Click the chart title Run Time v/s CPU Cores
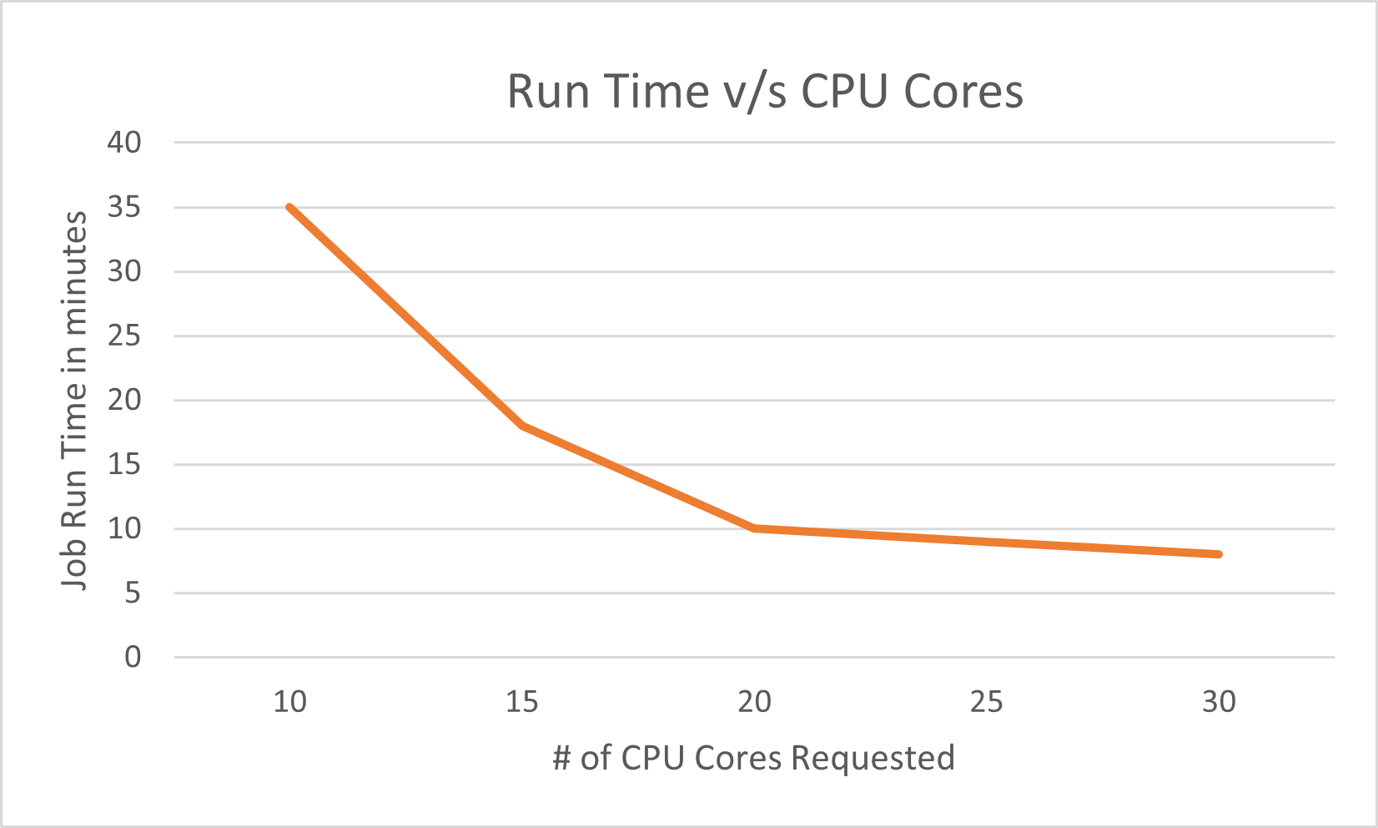765,91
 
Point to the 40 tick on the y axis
124,143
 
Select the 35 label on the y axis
124,207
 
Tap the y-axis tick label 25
124,336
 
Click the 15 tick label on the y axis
124,464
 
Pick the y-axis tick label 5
133,593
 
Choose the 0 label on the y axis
133,657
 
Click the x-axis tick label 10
289,702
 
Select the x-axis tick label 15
522,702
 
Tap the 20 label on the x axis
754,702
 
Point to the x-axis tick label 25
986,702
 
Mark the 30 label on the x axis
1219,702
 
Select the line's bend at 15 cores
522,426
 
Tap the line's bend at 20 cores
754,528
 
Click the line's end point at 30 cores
1219,554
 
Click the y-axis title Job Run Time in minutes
74,400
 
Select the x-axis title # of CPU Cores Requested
753,758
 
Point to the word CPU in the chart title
844,91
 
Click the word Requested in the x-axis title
873,758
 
